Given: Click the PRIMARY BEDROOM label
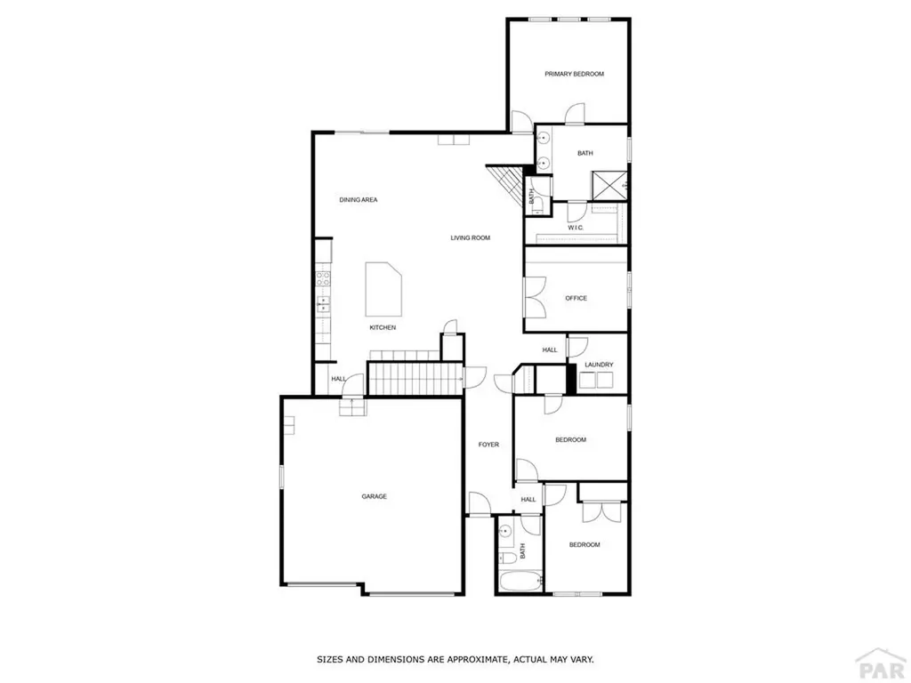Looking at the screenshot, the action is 574,74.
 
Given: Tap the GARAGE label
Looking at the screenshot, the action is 375,496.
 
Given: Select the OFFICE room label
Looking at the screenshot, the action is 576,298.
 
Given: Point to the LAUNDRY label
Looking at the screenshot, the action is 599,365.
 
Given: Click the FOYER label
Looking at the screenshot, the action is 488,445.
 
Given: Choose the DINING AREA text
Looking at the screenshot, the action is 359,200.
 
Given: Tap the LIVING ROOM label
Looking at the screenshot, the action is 471,237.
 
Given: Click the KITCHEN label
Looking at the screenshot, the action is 383,327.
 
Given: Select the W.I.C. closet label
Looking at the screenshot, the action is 576,228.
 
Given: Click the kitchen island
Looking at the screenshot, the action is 383,289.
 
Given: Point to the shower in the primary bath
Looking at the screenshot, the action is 609,185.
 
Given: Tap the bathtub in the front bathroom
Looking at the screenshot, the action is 520,581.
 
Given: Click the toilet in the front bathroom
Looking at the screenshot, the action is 507,558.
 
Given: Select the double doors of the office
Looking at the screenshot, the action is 535,297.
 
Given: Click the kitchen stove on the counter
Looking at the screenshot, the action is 323,278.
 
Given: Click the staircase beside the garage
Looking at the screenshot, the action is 416,379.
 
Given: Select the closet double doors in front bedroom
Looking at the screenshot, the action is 602,511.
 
